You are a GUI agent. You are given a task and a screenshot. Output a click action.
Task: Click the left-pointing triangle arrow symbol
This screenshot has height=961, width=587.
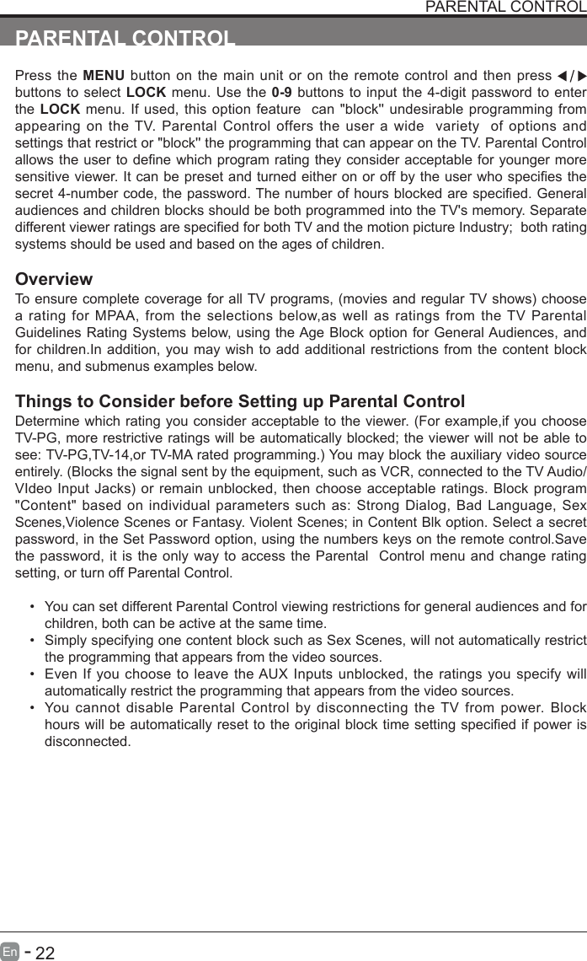tap(563, 73)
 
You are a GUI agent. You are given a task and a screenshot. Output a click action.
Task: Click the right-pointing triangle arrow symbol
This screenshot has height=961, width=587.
tap(580, 73)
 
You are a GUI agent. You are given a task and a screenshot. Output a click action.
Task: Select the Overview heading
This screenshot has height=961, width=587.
tap(54, 280)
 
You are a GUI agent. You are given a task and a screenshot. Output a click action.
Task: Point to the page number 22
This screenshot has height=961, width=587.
tap(45, 953)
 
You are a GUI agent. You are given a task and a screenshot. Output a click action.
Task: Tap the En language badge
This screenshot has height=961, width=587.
tap(9, 953)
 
